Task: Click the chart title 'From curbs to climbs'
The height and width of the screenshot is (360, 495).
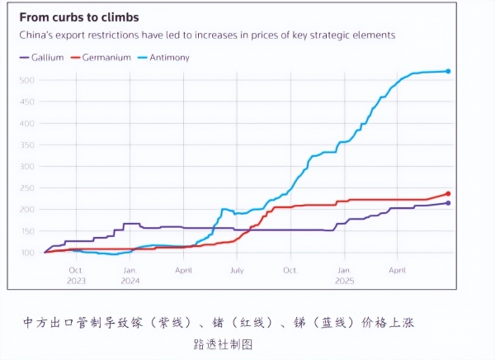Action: click(79, 17)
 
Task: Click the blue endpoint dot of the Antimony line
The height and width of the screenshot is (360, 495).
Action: click(448, 71)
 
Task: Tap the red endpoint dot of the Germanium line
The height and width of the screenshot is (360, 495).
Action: click(448, 194)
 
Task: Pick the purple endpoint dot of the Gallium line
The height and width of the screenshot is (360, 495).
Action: click(448, 203)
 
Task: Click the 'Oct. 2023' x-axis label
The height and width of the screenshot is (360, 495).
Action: click(76, 275)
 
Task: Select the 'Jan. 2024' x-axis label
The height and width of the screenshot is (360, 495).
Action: click(130, 275)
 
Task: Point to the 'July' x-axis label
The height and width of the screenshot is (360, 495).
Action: click(237, 270)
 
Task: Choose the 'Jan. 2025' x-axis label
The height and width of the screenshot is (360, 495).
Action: click(345, 275)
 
